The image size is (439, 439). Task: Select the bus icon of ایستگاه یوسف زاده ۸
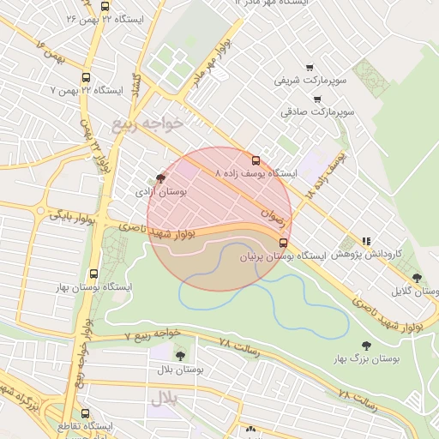pyautogui.click(x=256, y=160)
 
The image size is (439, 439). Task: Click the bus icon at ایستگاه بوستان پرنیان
pyautogui.click(x=284, y=243)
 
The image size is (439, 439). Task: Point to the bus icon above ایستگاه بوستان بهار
pyautogui.click(x=93, y=274)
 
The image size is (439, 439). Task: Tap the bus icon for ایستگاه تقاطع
pyautogui.click(x=83, y=412)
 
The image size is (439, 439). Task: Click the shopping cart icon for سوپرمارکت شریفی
pyautogui.click(x=310, y=68)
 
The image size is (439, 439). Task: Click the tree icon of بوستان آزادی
pyautogui.click(x=159, y=180)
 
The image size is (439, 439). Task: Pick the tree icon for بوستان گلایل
pyautogui.click(x=417, y=278)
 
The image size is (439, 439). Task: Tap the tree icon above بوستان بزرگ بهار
pyautogui.click(x=367, y=345)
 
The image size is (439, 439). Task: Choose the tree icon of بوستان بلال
pyautogui.click(x=180, y=356)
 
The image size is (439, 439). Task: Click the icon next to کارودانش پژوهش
pyautogui.click(x=367, y=243)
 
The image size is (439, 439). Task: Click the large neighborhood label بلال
pyautogui.click(x=162, y=398)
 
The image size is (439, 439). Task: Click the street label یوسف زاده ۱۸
pyautogui.click(x=327, y=175)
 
